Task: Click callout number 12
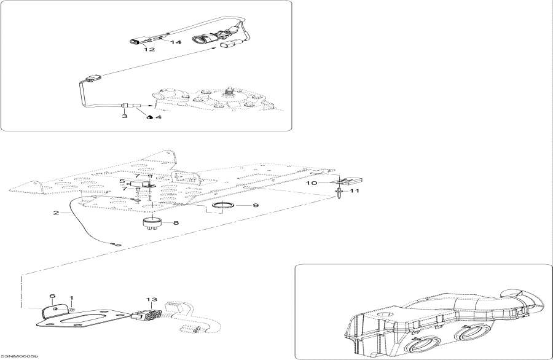[149, 50]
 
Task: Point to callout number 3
[124, 115]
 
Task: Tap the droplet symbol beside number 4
[149, 117]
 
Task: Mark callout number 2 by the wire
[56, 213]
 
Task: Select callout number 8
[175, 223]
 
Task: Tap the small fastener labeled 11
[339, 193]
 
